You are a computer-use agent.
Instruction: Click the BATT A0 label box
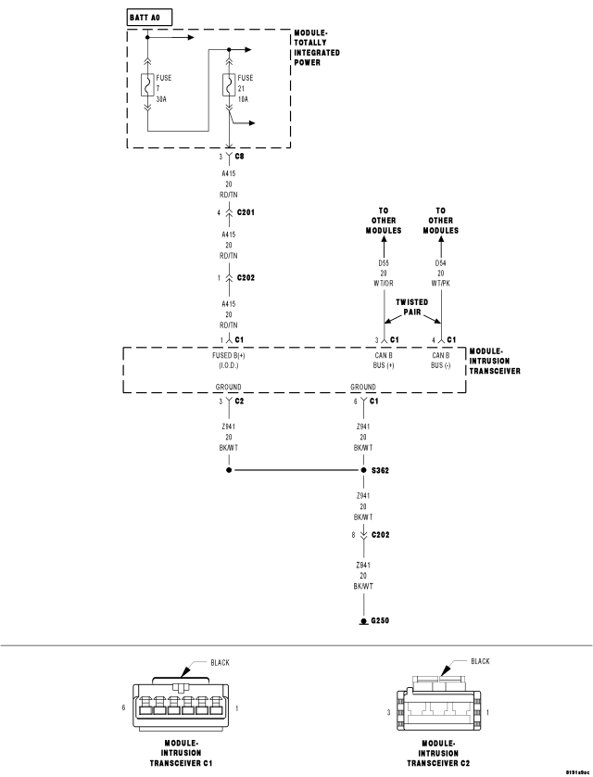[x=150, y=18]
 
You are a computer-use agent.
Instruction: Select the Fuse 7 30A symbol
[x=147, y=84]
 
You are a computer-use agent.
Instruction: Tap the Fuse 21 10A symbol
[x=229, y=84]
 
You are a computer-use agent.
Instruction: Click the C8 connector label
[x=240, y=156]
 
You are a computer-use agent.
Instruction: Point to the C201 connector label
[x=246, y=212]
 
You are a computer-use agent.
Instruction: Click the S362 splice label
[x=380, y=470]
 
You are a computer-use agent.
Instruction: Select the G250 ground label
[x=380, y=620]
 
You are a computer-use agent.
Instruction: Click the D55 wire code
[x=384, y=263]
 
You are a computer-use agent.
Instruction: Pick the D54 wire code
[x=440, y=263]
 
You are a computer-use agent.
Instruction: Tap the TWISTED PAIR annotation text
[x=411, y=307]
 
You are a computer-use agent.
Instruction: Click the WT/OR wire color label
[x=384, y=284]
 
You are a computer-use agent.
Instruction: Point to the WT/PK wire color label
[x=440, y=284]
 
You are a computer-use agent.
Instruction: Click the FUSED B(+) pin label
[x=229, y=361]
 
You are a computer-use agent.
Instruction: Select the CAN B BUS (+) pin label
[x=384, y=361]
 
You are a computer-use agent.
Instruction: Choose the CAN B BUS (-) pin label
[x=440, y=361]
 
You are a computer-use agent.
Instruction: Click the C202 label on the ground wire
[x=380, y=535]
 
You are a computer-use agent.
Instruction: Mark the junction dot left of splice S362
[x=229, y=470]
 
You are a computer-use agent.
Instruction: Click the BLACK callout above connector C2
[x=480, y=661]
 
